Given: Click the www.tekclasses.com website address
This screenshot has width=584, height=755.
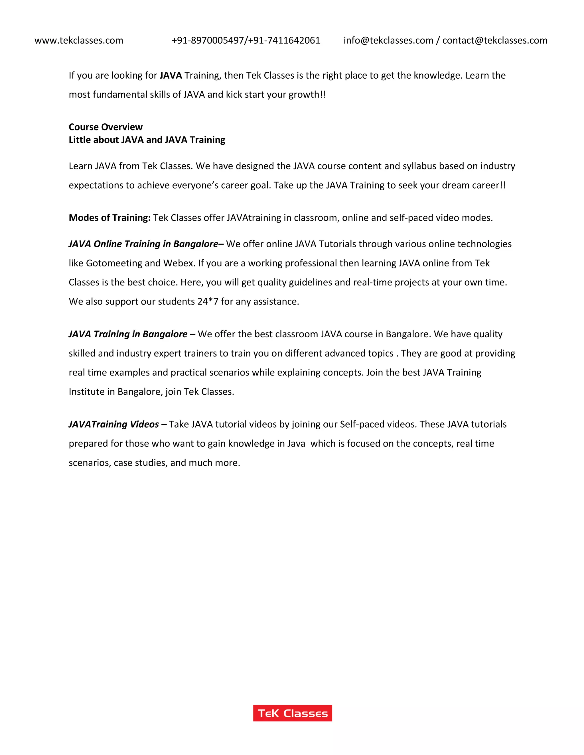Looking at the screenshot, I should pos(79,40).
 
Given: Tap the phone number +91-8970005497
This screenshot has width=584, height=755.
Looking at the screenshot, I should pos(208,40).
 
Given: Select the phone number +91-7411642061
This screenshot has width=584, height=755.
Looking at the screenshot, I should pos(284,40).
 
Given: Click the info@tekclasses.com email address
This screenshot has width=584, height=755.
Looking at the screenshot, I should pos(388,40).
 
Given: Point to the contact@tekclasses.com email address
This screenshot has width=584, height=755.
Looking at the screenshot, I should pos(495,40).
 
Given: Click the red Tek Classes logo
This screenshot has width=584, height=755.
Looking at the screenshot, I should pos(292,713).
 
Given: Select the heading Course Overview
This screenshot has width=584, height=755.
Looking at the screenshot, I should pos(106,127).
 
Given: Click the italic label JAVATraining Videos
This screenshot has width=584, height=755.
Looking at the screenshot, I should pos(114,424).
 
